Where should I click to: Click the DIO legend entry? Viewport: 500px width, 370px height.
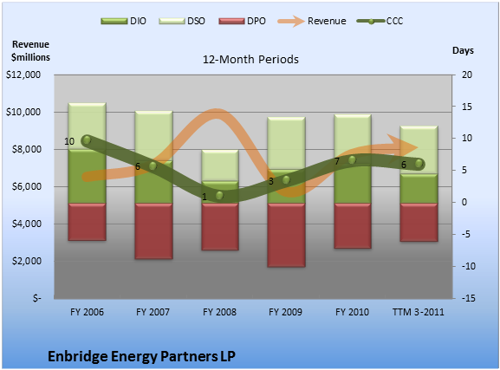(123, 21)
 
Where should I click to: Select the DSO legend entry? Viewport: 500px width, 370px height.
(182, 21)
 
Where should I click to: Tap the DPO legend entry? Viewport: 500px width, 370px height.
(242, 21)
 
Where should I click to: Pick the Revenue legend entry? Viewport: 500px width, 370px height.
(312, 21)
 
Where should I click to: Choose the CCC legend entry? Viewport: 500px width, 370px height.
(380, 21)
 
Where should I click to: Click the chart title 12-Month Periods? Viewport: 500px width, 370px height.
(250, 59)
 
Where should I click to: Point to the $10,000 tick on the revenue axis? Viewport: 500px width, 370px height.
(23, 112)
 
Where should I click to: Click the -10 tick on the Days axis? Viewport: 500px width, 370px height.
(468, 266)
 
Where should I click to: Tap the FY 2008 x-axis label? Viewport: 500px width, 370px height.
(219, 312)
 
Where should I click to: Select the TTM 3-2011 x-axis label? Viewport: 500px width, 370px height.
(418, 312)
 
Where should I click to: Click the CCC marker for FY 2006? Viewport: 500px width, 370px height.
(87, 140)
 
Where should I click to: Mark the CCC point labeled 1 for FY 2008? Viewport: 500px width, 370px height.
(219, 196)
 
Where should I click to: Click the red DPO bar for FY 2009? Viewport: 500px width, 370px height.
(286, 235)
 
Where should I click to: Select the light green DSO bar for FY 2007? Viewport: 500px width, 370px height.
(153, 136)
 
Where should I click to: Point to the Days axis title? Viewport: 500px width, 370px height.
(463, 50)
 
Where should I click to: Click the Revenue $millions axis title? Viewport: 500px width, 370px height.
(30, 51)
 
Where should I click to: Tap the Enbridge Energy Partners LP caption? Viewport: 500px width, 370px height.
(141, 356)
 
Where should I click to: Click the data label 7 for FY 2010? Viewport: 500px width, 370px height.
(337, 162)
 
